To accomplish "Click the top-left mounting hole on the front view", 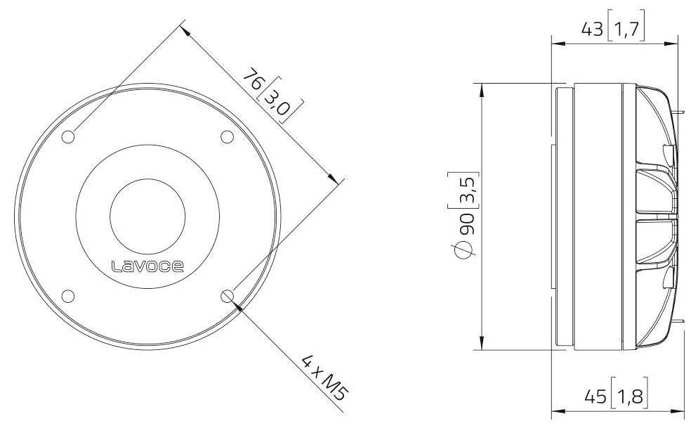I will [68, 137].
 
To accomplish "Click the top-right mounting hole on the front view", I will [228, 137].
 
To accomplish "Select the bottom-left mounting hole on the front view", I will [68, 296].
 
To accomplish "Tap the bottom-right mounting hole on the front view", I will [228, 296].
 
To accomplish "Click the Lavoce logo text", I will [148, 266].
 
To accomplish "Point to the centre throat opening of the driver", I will [148, 216].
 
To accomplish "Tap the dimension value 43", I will [593, 30].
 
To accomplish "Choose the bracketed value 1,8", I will [628, 397].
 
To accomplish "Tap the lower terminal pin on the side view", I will [681, 323].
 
